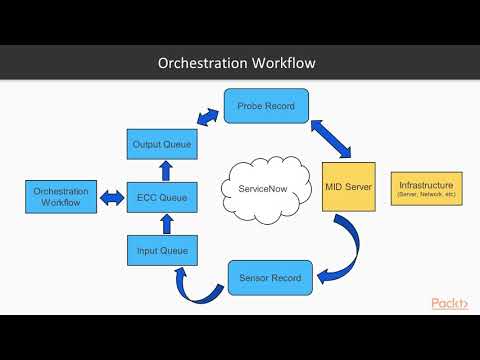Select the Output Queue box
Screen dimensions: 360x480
click(161, 145)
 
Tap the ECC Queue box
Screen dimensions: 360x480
click(161, 197)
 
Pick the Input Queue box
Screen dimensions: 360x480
click(161, 249)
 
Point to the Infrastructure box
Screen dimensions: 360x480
click(426, 188)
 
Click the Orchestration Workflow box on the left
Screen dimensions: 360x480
click(61, 197)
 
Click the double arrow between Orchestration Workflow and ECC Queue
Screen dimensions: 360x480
click(111, 198)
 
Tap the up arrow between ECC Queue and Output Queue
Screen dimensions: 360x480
click(161, 171)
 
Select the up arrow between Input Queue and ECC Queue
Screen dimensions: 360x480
click(161, 223)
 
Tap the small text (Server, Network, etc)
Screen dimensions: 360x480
click(426, 195)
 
